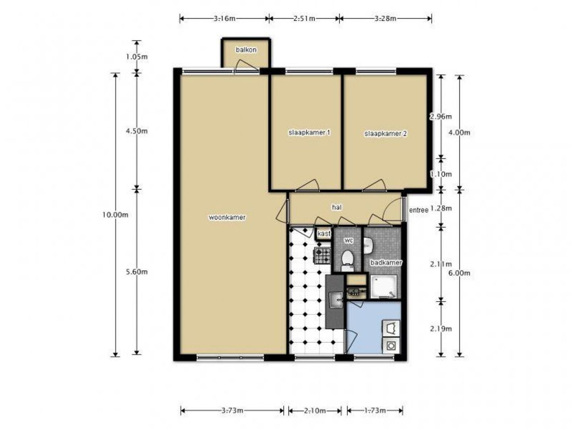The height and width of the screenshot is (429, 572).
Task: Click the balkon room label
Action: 246,50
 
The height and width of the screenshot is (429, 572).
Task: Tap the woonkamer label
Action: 227,217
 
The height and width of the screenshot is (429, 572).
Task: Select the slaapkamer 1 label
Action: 309,133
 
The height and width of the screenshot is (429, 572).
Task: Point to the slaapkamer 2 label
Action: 385,133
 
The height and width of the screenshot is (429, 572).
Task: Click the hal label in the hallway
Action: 337,207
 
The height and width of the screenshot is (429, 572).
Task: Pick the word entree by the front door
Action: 419,210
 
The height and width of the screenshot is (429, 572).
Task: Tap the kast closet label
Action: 324,234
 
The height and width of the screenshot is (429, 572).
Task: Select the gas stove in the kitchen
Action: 323,255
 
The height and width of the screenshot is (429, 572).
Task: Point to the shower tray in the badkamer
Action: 384,286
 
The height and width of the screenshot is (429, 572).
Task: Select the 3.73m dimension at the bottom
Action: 232,410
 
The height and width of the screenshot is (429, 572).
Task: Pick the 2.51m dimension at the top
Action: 304,19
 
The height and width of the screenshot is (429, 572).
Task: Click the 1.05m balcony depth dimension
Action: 137,57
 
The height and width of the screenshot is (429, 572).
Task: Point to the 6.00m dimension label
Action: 459,273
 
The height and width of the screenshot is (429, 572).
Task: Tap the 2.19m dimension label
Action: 441,329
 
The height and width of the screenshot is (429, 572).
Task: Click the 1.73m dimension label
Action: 375,410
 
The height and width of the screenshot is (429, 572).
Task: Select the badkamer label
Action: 386,263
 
